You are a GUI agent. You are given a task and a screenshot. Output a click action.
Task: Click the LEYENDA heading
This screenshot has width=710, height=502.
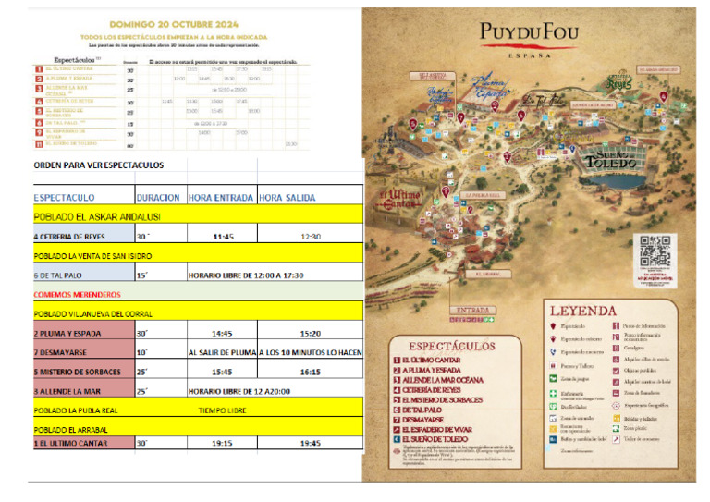pyautogui.click(x=583, y=312)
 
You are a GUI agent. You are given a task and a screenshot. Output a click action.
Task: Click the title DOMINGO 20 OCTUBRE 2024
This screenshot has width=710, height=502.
pyautogui.click(x=174, y=22)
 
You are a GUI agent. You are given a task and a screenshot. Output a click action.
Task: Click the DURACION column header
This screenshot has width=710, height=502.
pyautogui.click(x=157, y=197)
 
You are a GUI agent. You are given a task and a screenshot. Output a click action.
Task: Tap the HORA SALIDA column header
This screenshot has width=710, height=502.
pyautogui.click(x=287, y=197)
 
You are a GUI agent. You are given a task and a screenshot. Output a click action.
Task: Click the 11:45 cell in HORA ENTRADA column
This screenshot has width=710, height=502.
pyautogui.click(x=222, y=236)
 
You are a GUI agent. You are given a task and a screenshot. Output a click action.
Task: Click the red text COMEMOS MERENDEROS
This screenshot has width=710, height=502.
pyautogui.click(x=77, y=294)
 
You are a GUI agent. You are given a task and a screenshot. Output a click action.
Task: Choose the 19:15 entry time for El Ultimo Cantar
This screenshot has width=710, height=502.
pyautogui.click(x=222, y=443)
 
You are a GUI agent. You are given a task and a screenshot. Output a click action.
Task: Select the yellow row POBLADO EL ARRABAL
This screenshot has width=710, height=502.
pyautogui.click(x=70, y=429)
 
